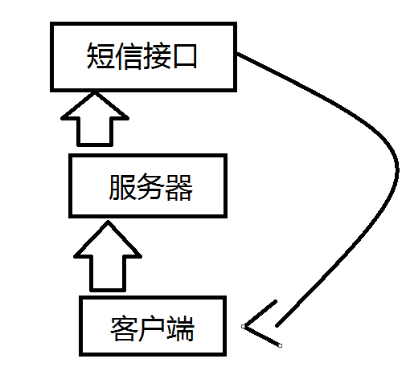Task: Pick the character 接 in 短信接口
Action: tap(157, 56)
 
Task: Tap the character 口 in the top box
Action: tap(185, 56)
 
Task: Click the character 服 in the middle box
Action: tap(122, 187)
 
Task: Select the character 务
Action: tap(150, 187)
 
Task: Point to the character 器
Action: tap(178, 187)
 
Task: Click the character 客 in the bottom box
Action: tap(124, 328)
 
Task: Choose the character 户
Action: tap(152, 328)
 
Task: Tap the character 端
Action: tap(180, 328)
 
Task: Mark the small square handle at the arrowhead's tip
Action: tap(244, 326)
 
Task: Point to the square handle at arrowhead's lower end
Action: tap(280, 345)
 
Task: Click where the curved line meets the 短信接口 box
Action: tap(237, 54)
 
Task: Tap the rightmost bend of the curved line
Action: tap(397, 170)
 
